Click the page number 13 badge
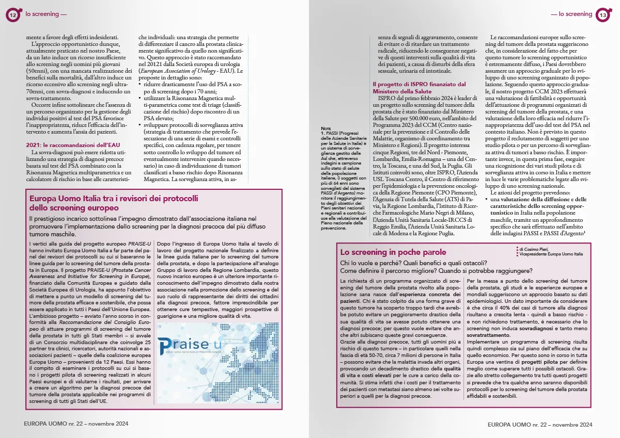click(602, 15)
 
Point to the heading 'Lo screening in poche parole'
click(393, 252)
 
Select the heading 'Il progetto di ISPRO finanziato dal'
click(419, 84)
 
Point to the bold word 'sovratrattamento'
click(489, 335)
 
